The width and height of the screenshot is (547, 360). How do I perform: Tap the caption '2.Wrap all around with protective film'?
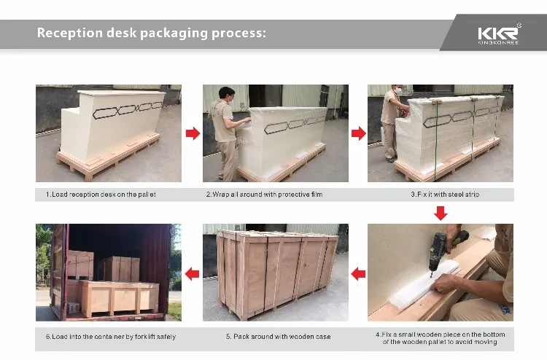tap(263, 195)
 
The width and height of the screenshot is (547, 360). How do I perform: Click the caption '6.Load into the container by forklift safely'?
tap(110, 336)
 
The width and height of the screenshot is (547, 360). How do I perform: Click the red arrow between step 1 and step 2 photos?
tap(193, 133)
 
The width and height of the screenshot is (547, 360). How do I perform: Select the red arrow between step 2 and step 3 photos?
tap(358, 133)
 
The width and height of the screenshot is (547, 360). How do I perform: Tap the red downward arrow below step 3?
tap(441, 213)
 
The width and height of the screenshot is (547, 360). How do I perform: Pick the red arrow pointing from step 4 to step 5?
tap(358, 273)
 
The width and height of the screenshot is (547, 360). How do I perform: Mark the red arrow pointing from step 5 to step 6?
tap(193, 273)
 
